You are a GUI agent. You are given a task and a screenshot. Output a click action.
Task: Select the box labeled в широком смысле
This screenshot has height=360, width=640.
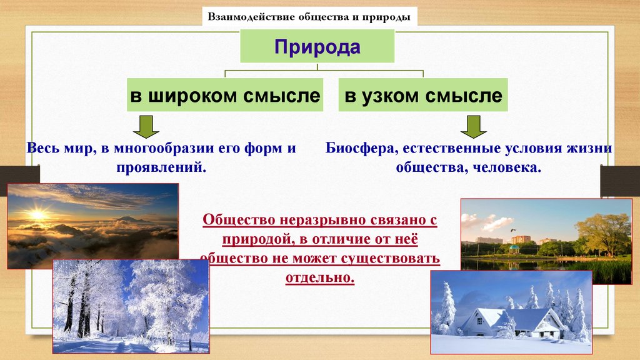(225, 95)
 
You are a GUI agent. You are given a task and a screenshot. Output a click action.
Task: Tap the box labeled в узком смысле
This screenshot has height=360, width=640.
(423, 95)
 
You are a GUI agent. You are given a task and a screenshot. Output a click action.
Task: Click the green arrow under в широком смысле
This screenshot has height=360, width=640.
(146, 127)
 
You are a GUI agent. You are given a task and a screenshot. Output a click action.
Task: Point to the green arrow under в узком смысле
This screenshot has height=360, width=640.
(474, 127)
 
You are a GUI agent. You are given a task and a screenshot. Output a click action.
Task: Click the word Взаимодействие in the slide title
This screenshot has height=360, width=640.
(251, 17)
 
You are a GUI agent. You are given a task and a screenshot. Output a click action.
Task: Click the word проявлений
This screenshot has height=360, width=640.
(161, 167)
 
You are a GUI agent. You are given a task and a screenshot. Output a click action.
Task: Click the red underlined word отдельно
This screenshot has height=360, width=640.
(320, 277)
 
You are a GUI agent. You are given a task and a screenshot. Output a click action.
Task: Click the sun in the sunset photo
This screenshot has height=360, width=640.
(37, 214)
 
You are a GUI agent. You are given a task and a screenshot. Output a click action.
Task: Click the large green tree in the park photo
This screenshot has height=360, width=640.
(603, 234)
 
